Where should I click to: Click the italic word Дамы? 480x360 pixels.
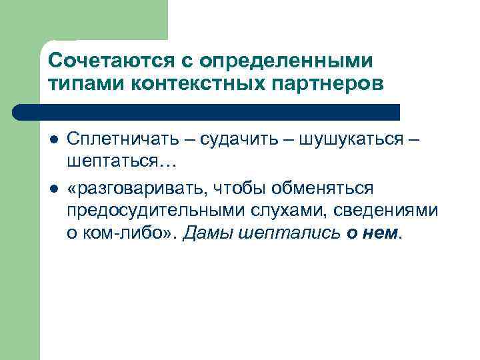click(202, 233)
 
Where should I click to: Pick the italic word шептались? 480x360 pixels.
click(285, 233)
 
